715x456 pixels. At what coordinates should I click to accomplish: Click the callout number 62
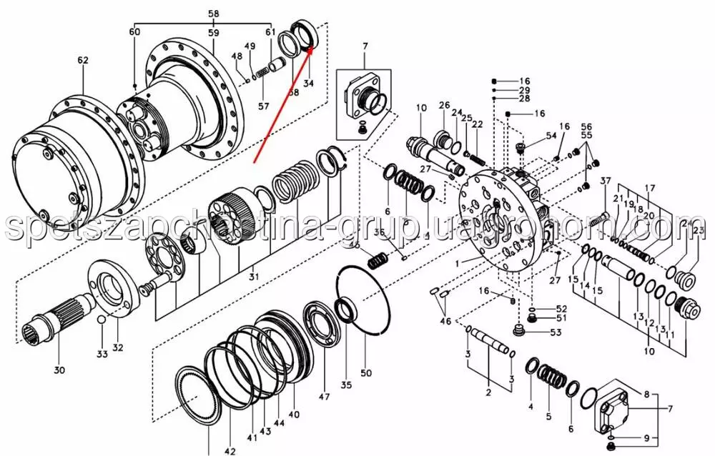83,61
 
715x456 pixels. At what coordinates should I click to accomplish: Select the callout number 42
230,451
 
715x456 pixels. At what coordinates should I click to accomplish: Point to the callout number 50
367,373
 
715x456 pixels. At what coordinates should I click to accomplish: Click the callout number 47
324,397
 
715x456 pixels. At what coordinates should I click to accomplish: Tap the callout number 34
309,84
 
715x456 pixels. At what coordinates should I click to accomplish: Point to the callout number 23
699,229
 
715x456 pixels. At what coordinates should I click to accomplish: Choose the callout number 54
551,135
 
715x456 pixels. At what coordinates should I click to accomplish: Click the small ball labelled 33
102,319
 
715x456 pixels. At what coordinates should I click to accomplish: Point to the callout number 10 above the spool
421,109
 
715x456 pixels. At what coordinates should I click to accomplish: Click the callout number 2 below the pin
488,392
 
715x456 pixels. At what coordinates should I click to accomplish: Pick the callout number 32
118,348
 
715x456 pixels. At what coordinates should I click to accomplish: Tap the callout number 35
346,386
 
